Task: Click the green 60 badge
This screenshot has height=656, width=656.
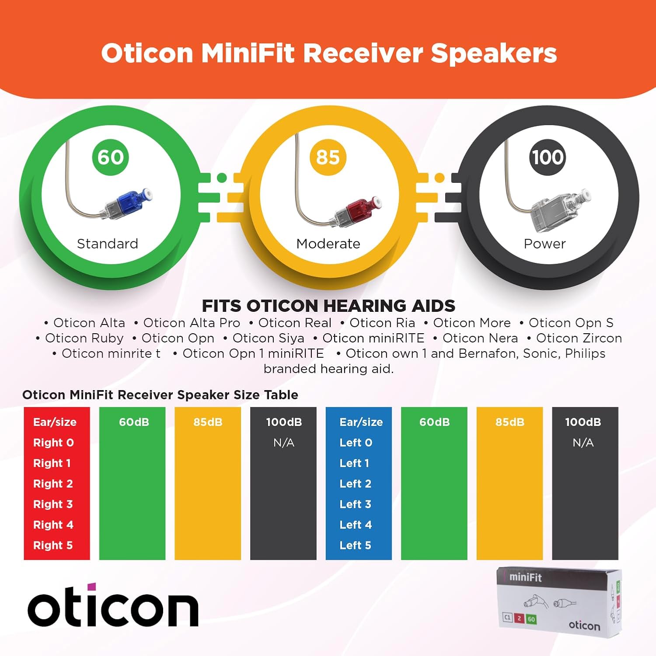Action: click(111, 157)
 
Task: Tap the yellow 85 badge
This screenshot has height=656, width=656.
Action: click(328, 157)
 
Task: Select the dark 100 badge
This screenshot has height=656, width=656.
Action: click(547, 157)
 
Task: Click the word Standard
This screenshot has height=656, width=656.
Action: click(108, 244)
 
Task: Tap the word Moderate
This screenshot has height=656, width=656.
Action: click(328, 244)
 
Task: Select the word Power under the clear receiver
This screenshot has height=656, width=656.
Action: click(544, 244)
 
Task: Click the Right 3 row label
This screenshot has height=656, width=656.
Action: click(53, 504)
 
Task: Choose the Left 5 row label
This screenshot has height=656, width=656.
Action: click(355, 545)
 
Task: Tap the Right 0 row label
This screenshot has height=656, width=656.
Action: click(53, 443)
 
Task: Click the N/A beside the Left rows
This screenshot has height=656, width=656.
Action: click(583, 443)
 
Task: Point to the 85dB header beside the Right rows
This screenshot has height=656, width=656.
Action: click(208, 422)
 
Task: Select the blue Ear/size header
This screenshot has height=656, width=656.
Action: click(361, 422)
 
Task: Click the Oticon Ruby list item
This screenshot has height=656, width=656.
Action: click(84, 338)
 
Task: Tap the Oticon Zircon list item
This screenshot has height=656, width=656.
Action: click(579, 338)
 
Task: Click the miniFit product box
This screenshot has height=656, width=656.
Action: click(560, 600)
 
